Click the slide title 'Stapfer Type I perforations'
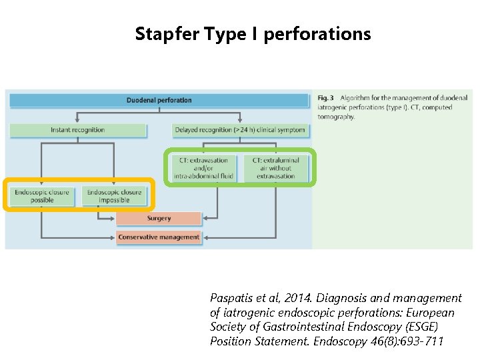click(253, 33)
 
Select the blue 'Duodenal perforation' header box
click(159, 101)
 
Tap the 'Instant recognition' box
click(78, 130)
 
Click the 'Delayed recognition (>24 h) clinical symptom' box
click(239, 130)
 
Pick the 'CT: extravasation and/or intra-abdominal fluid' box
click(203, 168)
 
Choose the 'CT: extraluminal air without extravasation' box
click(275, 168)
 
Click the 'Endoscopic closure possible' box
click(42, 196)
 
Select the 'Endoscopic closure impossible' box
click(114, 196)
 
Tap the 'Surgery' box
click(159, 218)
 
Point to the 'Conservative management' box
click(159, 237)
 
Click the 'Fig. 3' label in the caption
click(325, 98)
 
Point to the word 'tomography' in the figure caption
click(336, 117)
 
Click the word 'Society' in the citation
click(229, 327)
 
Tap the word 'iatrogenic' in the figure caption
click(336, 107)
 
